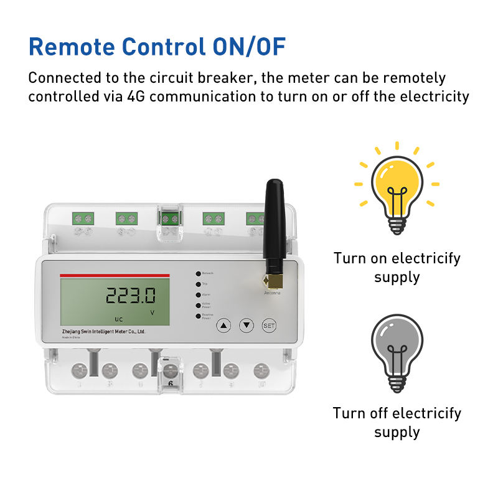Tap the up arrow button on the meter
[224, 324]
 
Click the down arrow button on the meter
[247, 324]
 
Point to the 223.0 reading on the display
[130, 295]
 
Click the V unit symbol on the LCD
[153, 312]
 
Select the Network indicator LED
[198, 273]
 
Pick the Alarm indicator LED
[198, 294]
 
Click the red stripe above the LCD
[115, 275]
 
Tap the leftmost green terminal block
[83, 218]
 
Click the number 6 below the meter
[171, 383]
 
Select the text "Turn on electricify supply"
[397, 267]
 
